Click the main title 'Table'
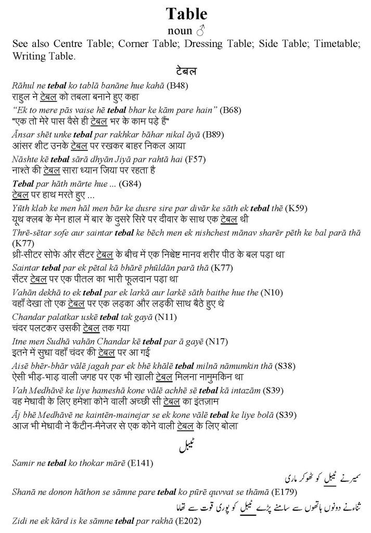tap(186, 14)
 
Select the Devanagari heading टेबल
tap(186, 70)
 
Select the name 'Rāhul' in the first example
tap(22, 85)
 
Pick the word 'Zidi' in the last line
tap(19, 521)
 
